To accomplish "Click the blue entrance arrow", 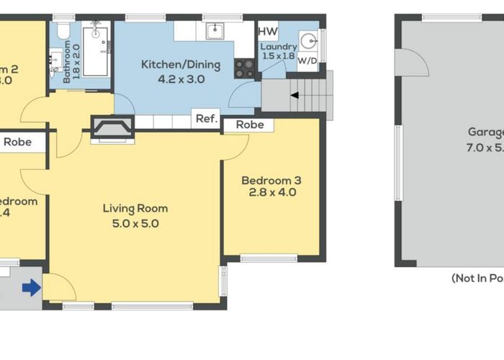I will tap(31, 288).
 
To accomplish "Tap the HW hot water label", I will tap(268, 31).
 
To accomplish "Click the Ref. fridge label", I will tap(206, 120).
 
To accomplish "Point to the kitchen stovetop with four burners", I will tap(245, 68).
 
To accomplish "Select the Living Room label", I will tap(135, 209).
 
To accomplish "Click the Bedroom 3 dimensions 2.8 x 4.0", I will tap(272, 192).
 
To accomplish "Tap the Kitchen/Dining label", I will tap(172, 65).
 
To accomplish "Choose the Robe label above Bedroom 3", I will tap(248, 125).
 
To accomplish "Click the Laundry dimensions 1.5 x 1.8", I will tap(278, 55).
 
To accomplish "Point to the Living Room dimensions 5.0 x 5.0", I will tap(135, 223).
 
